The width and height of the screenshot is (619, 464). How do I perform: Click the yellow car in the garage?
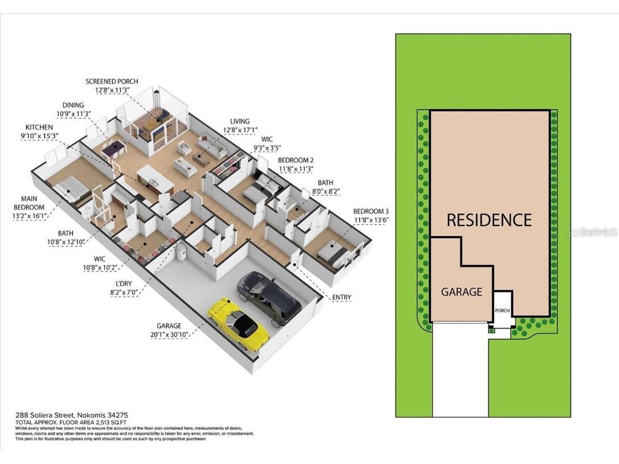coord(237,322)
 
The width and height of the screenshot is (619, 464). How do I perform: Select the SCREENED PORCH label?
coord(112,81)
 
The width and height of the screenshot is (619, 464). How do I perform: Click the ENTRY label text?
coord(342,297)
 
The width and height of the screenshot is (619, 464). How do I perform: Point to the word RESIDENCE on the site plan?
coord(489,220)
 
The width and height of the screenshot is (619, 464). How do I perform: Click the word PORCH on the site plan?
coord(502,311)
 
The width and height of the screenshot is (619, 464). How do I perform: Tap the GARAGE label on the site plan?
coord(461,292)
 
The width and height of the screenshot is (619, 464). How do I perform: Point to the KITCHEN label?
coord(39,127)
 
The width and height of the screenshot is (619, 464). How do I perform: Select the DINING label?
coord(73,105)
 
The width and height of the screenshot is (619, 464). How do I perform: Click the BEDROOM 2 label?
coord(296,160)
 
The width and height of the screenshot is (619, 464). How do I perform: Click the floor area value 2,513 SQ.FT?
coord(95,421)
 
